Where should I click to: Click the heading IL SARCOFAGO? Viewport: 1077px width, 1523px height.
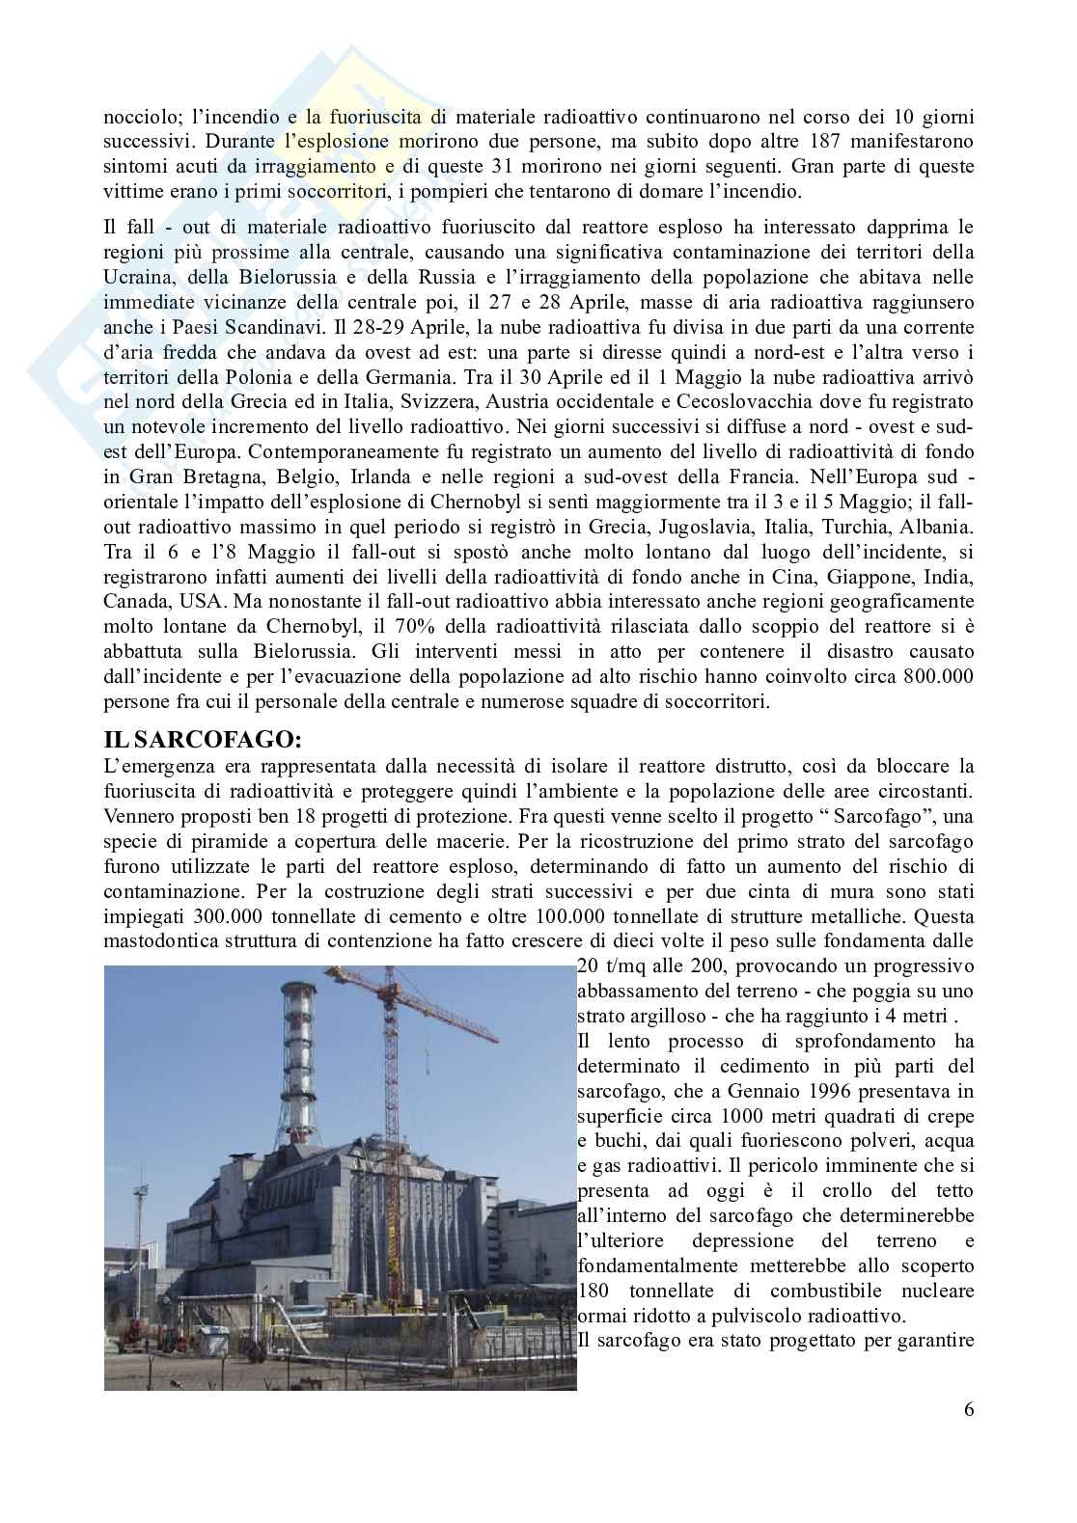point(189,741)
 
